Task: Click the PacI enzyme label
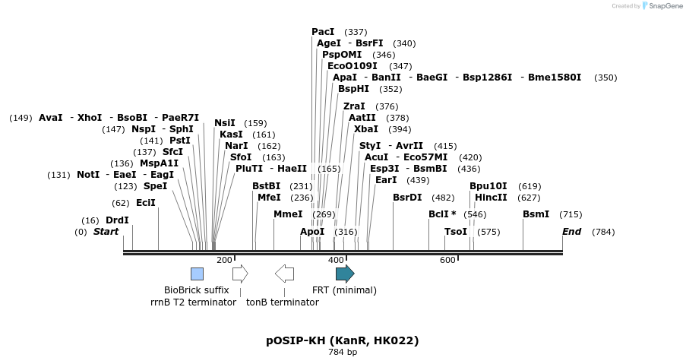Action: click(x=323, y=32)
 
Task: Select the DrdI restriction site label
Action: click(x=117, y=220)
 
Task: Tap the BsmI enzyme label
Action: click(x=536, y=214)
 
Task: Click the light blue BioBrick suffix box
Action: click(x=197, y=274)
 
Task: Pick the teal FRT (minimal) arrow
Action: click(x=345, y=274)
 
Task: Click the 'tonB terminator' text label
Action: click(x=282, y=302)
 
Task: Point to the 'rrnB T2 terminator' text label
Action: click(x=193, y=302)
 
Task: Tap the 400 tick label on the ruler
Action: click(x=335, y=261)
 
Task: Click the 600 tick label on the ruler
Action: click(x=447, y=261)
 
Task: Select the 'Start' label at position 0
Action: click(x=106, y=232)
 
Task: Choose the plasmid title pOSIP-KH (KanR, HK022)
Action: click(x=343, y=340)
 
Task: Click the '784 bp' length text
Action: click(x=343, y=353)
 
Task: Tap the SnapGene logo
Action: click(x=662, y=6)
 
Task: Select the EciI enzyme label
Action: click(x=145, y=203)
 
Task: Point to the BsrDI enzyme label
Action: click(x=407, y=198)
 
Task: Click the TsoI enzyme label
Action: click(x=456, y=232)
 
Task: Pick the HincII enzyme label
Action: click(x=491, y=198)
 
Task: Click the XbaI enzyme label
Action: click(x=366, y=129)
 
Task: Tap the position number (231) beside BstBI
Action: click(x=302, y=186)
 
